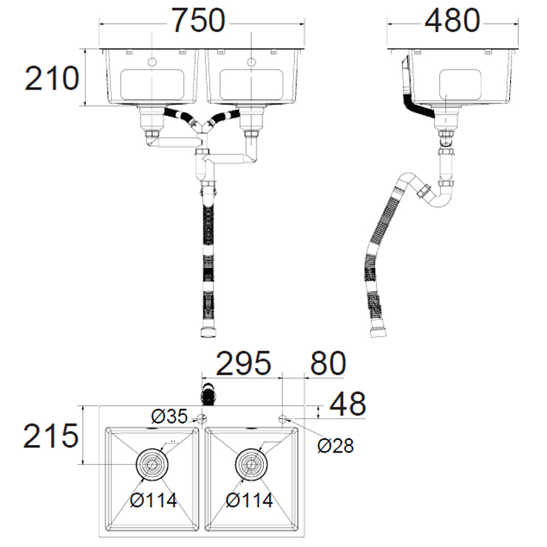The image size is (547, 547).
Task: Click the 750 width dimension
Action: coord(199,21)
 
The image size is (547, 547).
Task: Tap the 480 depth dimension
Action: coord(452,21)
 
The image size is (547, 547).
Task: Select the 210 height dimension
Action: coord(52,78)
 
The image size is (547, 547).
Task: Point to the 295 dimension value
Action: coord(243,363)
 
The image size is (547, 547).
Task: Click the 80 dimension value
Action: coord(328,363)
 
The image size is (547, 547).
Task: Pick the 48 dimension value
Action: coord(348,404)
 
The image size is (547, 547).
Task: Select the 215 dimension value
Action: coord(51,435)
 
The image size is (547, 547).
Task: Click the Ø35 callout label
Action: coord(169,416)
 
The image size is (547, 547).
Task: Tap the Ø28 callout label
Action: coord(336,446)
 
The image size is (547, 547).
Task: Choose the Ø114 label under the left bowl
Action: coord(154,500)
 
